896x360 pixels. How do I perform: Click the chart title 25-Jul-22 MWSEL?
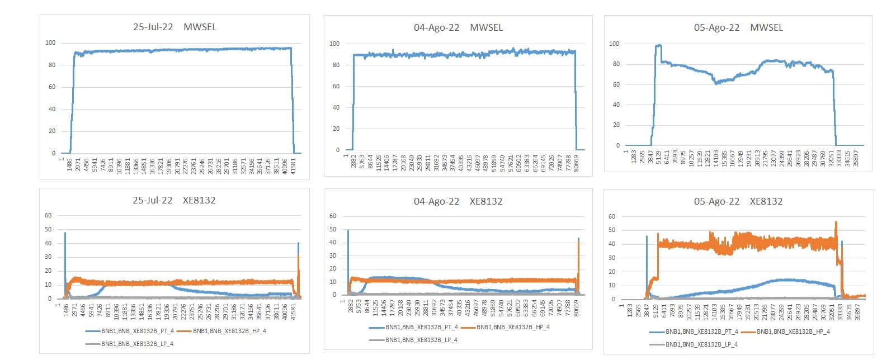(175, 27)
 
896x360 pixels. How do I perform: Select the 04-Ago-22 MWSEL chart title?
(458, 27)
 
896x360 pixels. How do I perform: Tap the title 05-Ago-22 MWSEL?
(738, 27)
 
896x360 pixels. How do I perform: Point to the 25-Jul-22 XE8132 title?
(174, 200)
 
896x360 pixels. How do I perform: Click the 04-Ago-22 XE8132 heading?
(458, 201)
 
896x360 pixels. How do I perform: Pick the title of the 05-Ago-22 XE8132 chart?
(738, 201)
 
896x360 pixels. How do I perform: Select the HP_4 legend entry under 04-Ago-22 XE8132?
(513, 327)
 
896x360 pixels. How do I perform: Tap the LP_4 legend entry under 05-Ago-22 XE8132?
(701, 344)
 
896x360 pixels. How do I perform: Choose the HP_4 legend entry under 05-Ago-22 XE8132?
(793, 331)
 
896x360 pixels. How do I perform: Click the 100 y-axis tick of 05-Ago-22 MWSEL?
(614, 44)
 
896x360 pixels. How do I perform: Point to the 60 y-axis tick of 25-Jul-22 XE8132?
(48, 215)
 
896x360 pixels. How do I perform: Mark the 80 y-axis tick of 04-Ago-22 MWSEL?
(336, 65)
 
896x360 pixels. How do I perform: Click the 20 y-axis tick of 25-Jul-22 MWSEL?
(52, 131)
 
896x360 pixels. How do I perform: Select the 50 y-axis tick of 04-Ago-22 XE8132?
(333, 229)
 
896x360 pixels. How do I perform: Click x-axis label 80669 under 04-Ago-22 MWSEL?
(577, 164)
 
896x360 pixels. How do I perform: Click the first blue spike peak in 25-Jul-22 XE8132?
(65, 233)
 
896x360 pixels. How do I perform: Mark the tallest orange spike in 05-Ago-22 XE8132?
(836, 222)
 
